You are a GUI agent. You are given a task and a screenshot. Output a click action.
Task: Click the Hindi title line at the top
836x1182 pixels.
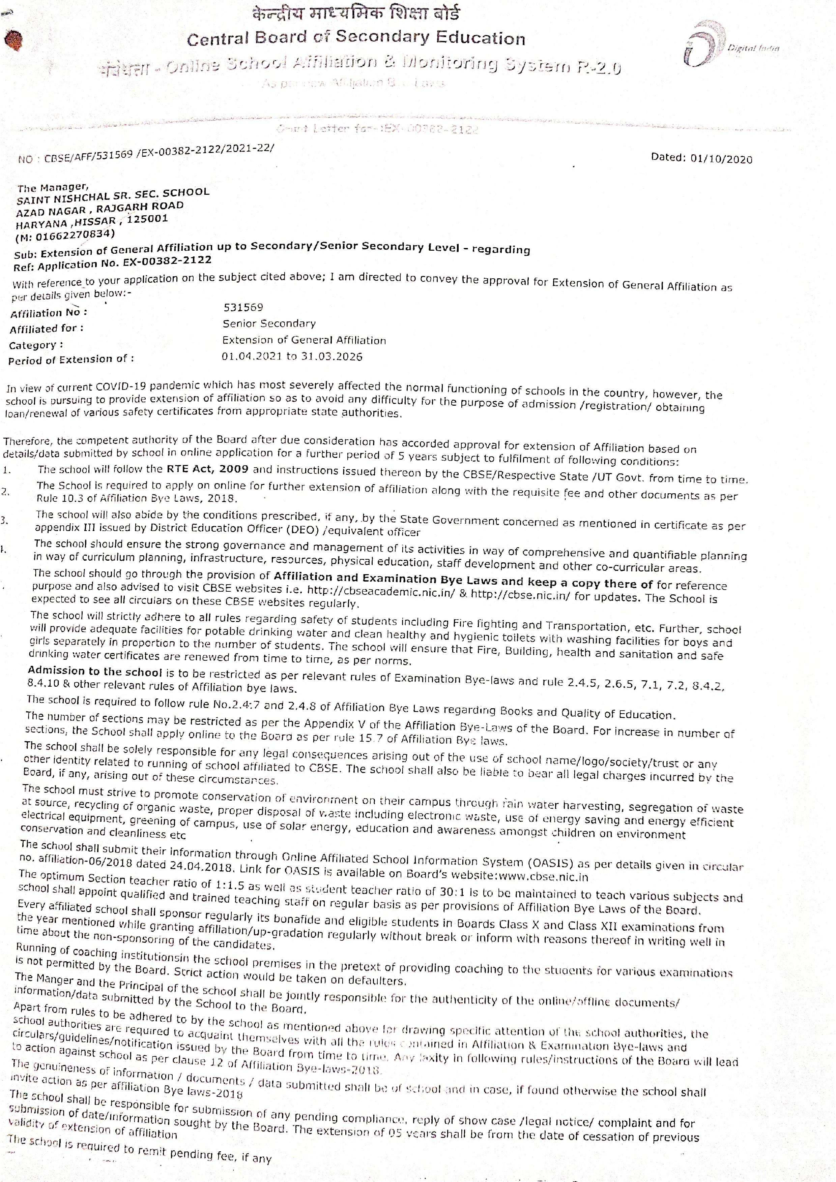point(356,13)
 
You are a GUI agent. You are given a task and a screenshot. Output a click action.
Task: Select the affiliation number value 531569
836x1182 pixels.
point(243,307)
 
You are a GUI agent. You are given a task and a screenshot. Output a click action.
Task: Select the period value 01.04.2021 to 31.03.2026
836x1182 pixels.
point(292,356)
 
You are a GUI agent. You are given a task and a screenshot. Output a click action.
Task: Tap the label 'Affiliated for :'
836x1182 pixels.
point(46,329)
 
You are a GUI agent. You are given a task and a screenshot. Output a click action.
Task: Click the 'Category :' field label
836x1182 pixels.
point(36,345)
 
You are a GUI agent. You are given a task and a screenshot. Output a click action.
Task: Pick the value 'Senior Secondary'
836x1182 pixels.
point(269,323)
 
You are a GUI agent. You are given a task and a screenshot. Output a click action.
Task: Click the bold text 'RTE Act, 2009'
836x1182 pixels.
point(208,469)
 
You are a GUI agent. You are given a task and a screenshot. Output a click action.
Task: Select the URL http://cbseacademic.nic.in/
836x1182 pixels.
point(381,589)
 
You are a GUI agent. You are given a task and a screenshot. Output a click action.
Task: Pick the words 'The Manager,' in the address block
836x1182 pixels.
point(53,187)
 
